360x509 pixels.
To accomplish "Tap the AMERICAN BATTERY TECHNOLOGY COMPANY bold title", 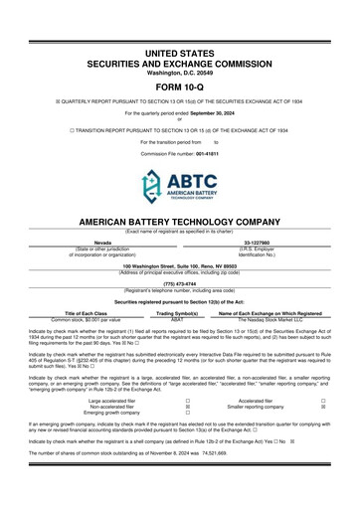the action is pyautogui.click(x=180, y=222).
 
